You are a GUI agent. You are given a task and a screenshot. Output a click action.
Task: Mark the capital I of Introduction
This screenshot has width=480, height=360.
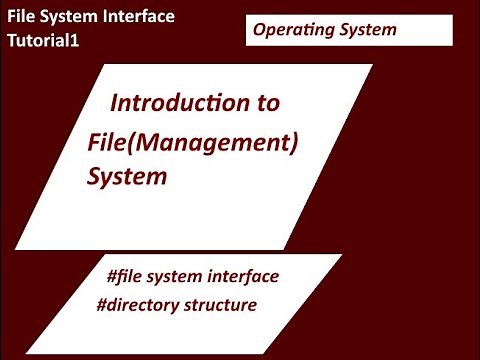coord(113,103)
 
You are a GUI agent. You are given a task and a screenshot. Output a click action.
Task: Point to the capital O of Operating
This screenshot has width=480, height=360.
coord(259,30)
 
